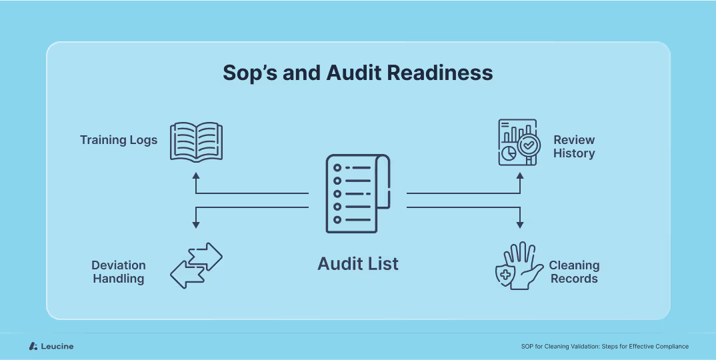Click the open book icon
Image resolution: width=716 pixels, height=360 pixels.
tap(196, 141)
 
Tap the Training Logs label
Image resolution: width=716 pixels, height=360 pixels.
tap(119, 140)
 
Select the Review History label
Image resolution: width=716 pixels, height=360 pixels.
tap(574, 147)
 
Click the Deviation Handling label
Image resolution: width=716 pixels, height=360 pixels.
tap(119, 272)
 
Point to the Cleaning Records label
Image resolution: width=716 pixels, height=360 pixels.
tap(574, 272)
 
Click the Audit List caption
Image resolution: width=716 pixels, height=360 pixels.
tap(358, 264)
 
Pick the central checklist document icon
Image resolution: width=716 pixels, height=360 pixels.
tap(358, 193)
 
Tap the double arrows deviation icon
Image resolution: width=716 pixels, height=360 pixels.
tap(196, 265)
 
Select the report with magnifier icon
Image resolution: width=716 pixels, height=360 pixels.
tap(518, 142)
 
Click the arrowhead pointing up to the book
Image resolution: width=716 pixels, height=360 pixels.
tap(196, 176)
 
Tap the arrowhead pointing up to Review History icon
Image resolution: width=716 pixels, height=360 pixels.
tap(520, 176)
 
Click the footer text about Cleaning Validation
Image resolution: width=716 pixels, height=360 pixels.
tap(605, 346)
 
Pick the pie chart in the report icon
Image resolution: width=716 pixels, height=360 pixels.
tap(508, 153)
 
